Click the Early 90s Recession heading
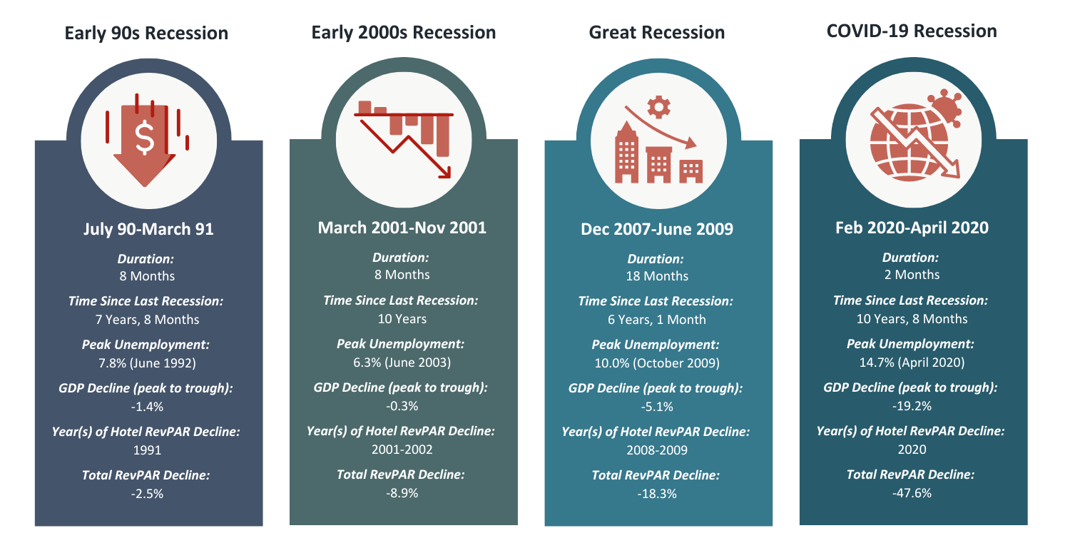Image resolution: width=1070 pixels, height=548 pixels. [x=146, y=33]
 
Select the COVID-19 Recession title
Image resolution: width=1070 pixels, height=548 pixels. [x=911, y=31]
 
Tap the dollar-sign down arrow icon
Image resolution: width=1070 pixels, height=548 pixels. [x=146, y=140]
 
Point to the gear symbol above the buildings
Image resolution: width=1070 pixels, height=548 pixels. [x=658, y=107]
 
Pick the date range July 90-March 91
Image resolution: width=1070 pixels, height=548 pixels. [x=148, y=229]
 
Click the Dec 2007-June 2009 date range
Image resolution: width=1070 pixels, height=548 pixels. [x=657, y=230]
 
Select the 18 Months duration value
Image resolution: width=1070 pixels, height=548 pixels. [x=656, y=276]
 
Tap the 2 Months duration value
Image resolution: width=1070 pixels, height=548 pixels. [x=911, y=275]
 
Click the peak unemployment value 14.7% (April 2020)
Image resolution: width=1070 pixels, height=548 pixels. [x=911, y=362]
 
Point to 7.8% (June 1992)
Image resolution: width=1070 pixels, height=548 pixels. [x=147, y=362]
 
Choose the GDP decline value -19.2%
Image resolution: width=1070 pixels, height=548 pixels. [x=911, y=406]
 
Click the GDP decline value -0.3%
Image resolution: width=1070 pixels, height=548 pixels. [x=402, y=406]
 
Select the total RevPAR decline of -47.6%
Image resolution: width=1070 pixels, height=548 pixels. [x=911, y=493]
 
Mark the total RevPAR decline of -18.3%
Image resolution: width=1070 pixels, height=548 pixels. [x=656, y=494]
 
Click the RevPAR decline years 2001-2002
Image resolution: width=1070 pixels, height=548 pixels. [x=402, y=450]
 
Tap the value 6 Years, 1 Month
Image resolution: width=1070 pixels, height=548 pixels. [x=656, y=320]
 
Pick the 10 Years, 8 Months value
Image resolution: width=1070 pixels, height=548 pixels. [x=911, y=319]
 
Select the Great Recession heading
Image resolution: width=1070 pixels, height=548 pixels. [x=656, y=33]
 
